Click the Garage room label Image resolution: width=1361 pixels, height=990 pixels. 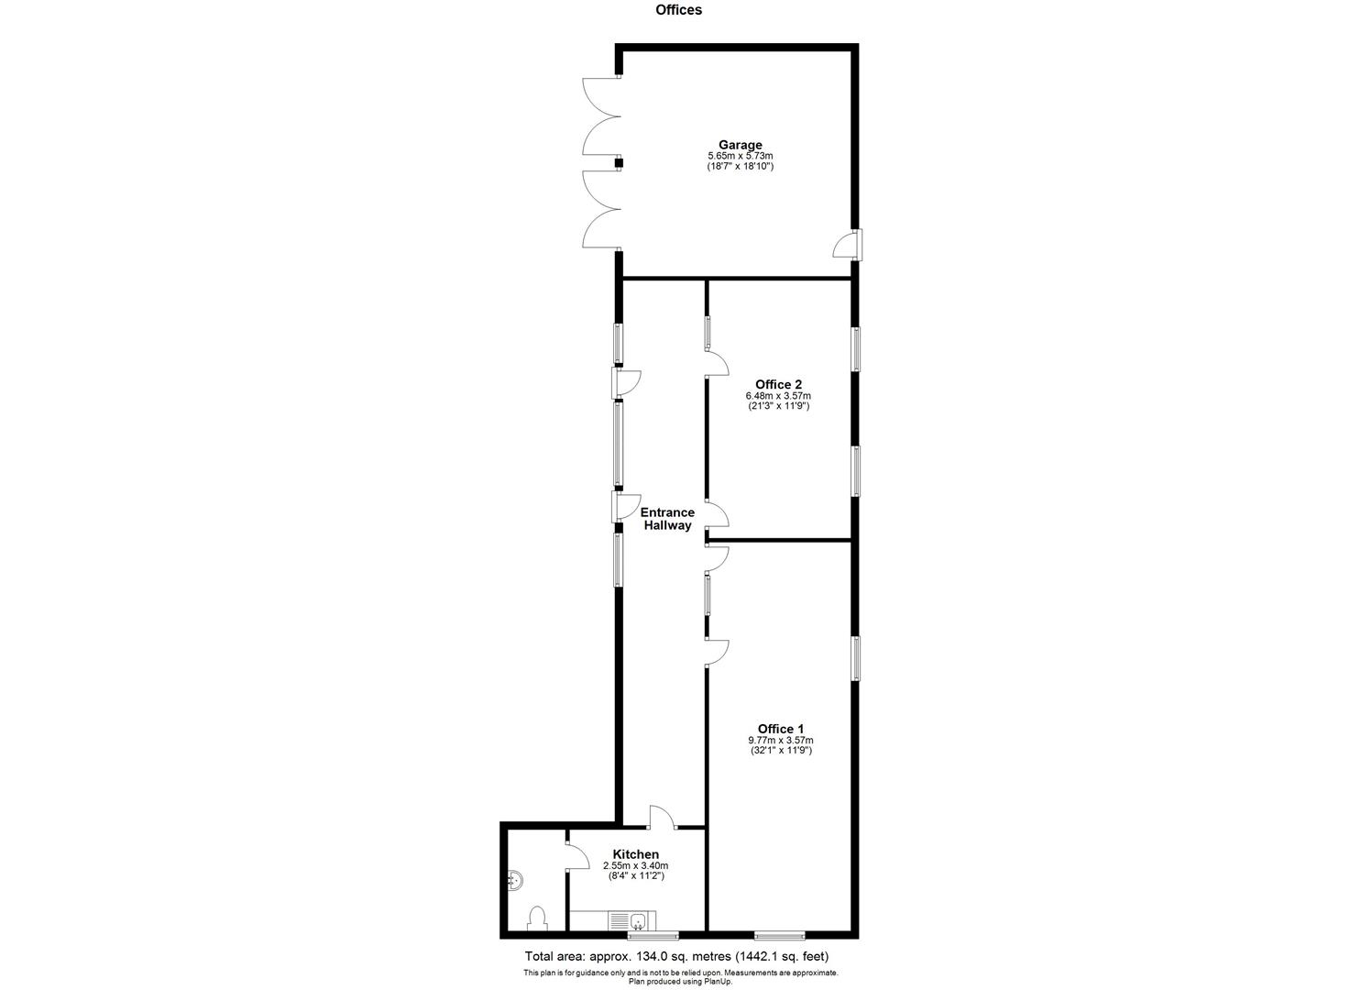point(740,145)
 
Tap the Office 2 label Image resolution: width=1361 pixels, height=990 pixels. point(778,384)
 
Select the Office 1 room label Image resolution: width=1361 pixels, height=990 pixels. point(780,729)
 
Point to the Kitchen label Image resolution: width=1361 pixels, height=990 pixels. point(635,854)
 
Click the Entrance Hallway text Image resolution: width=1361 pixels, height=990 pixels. point(667,519)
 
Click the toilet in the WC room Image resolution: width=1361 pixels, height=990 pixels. point(537,917)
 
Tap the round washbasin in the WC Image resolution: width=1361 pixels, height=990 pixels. point(515,881)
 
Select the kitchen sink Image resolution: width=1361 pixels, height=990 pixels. point(633,919)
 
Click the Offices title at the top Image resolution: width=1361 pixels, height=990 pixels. point(678,10)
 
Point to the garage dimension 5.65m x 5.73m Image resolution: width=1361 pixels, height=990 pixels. point(740,157)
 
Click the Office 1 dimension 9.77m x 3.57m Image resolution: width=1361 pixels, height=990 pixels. point(780,740)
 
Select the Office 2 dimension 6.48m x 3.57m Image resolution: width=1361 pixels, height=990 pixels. point(778,396)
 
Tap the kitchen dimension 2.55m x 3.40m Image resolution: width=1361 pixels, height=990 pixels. point(635,865)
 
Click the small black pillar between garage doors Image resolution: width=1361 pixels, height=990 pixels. point(619,163)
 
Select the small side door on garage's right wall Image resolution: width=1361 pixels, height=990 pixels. point(848,246)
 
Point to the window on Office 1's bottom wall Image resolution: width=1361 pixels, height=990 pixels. point(779,935)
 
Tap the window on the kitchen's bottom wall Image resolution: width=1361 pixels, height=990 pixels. point(653,935)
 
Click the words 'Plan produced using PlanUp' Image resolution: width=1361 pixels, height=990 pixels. point(680,982)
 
